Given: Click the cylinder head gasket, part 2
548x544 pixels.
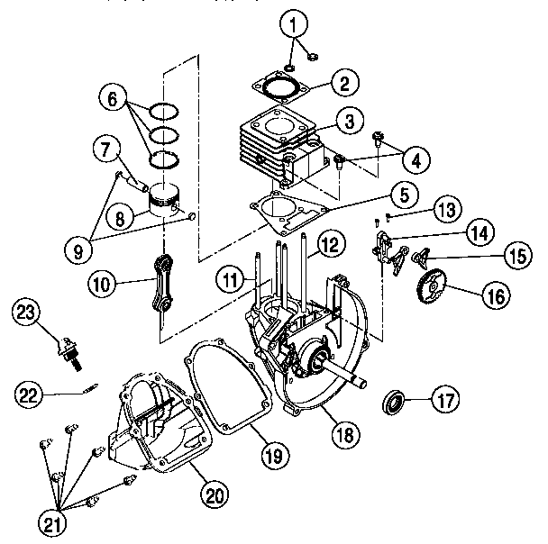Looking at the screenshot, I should [284, 88].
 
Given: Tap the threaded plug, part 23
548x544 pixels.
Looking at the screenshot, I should [68, 350].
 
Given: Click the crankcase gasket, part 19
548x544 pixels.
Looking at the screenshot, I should [225, 387].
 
